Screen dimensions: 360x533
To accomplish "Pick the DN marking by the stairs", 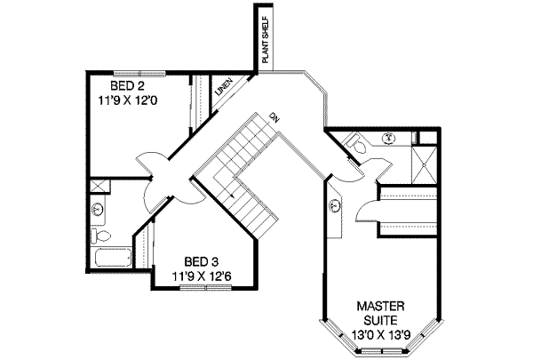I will point(277,118).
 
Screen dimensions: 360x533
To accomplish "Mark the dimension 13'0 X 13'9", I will point(383,334).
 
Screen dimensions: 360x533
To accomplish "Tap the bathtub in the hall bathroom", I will point(111,259).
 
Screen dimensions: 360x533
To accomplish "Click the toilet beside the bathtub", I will point(100,236).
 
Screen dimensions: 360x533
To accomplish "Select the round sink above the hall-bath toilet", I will point(99,210).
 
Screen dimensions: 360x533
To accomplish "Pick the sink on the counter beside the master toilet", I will point(388,138).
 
